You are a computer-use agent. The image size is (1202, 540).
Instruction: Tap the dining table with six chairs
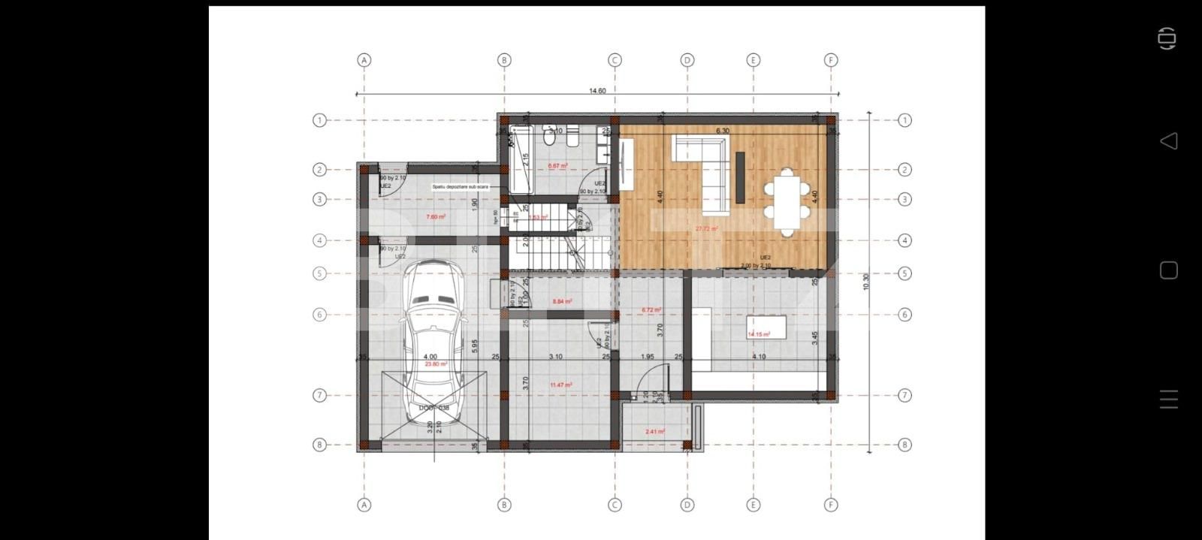(x=784, y=201)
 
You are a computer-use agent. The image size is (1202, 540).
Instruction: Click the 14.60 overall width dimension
(x=597, y=91)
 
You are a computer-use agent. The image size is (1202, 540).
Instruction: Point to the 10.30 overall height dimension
(x=866, y=282)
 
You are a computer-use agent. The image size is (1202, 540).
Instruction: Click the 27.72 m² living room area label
(x=706, y=229)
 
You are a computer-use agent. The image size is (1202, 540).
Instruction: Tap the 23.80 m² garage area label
(x=436, y=364)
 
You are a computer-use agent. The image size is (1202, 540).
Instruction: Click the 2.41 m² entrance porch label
(x=654, y=432)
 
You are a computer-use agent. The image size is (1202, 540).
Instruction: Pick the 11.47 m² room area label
(x=560, y=385)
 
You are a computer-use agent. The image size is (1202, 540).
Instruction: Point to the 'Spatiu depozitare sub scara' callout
(x=460, y=186)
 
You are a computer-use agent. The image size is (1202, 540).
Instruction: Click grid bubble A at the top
(x=364, y=60)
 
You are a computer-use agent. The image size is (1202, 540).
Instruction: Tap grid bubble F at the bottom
(x=831, y=505)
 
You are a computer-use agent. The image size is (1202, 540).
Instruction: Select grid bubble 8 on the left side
(x=319, y=445)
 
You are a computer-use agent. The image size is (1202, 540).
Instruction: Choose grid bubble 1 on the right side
(x=905, y=120)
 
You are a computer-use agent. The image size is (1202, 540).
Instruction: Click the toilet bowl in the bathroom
(x=549, y=137)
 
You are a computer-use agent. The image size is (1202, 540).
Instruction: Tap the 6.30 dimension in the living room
(x=722, y=131)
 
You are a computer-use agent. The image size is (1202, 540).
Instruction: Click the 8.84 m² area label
(x=562, y=301)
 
